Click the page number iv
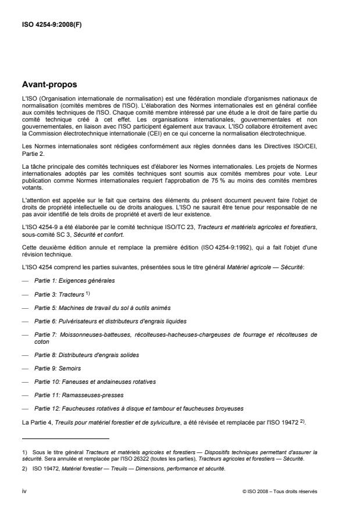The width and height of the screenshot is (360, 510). tap(24, 491)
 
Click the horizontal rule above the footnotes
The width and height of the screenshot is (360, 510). tap(65, 438)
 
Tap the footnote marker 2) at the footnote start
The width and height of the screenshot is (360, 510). tap(24, 468)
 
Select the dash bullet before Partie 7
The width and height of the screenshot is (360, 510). tap(25, 335)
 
